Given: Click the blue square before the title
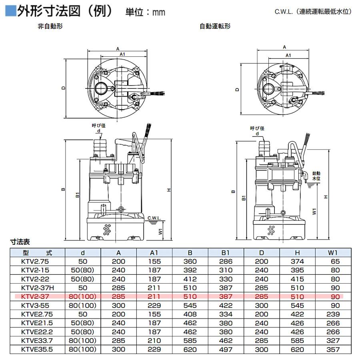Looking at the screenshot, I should tap(10, 11).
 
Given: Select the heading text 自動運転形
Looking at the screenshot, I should tap(215, 26).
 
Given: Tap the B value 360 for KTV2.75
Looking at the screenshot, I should tap(190, 262).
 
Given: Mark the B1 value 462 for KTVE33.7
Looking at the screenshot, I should tap(226, 340).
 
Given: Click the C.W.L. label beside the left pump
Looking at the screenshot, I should tap(154, 218).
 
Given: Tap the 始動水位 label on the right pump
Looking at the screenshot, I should tap(316, 176).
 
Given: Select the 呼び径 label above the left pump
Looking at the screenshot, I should tap(98, 126).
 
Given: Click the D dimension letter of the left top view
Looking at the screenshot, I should tap(64, 88).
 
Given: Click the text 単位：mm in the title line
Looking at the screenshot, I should tap(145, 12).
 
